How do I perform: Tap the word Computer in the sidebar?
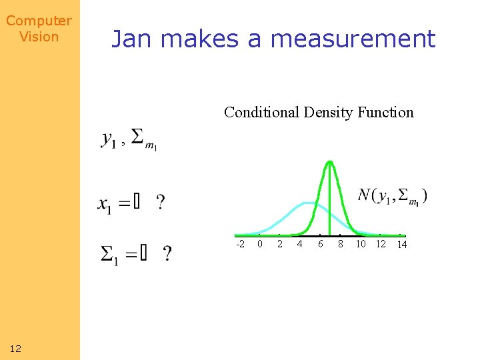point(39,21)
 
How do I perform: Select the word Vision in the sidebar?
point(39,37)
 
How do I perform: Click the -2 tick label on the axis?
point(240,244)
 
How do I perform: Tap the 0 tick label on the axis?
point(260,244)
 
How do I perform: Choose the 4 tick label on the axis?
point(300,244)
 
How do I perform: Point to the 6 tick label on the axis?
point(321,244)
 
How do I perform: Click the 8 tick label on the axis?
point(341,244)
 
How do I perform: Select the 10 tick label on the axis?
point(361,244)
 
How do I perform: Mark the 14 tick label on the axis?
point(402,245)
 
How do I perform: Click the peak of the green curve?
point(330,162)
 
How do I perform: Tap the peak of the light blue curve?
point(308,202)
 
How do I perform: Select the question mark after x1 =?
point(160,202)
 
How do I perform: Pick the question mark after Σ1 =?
point(167,254)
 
